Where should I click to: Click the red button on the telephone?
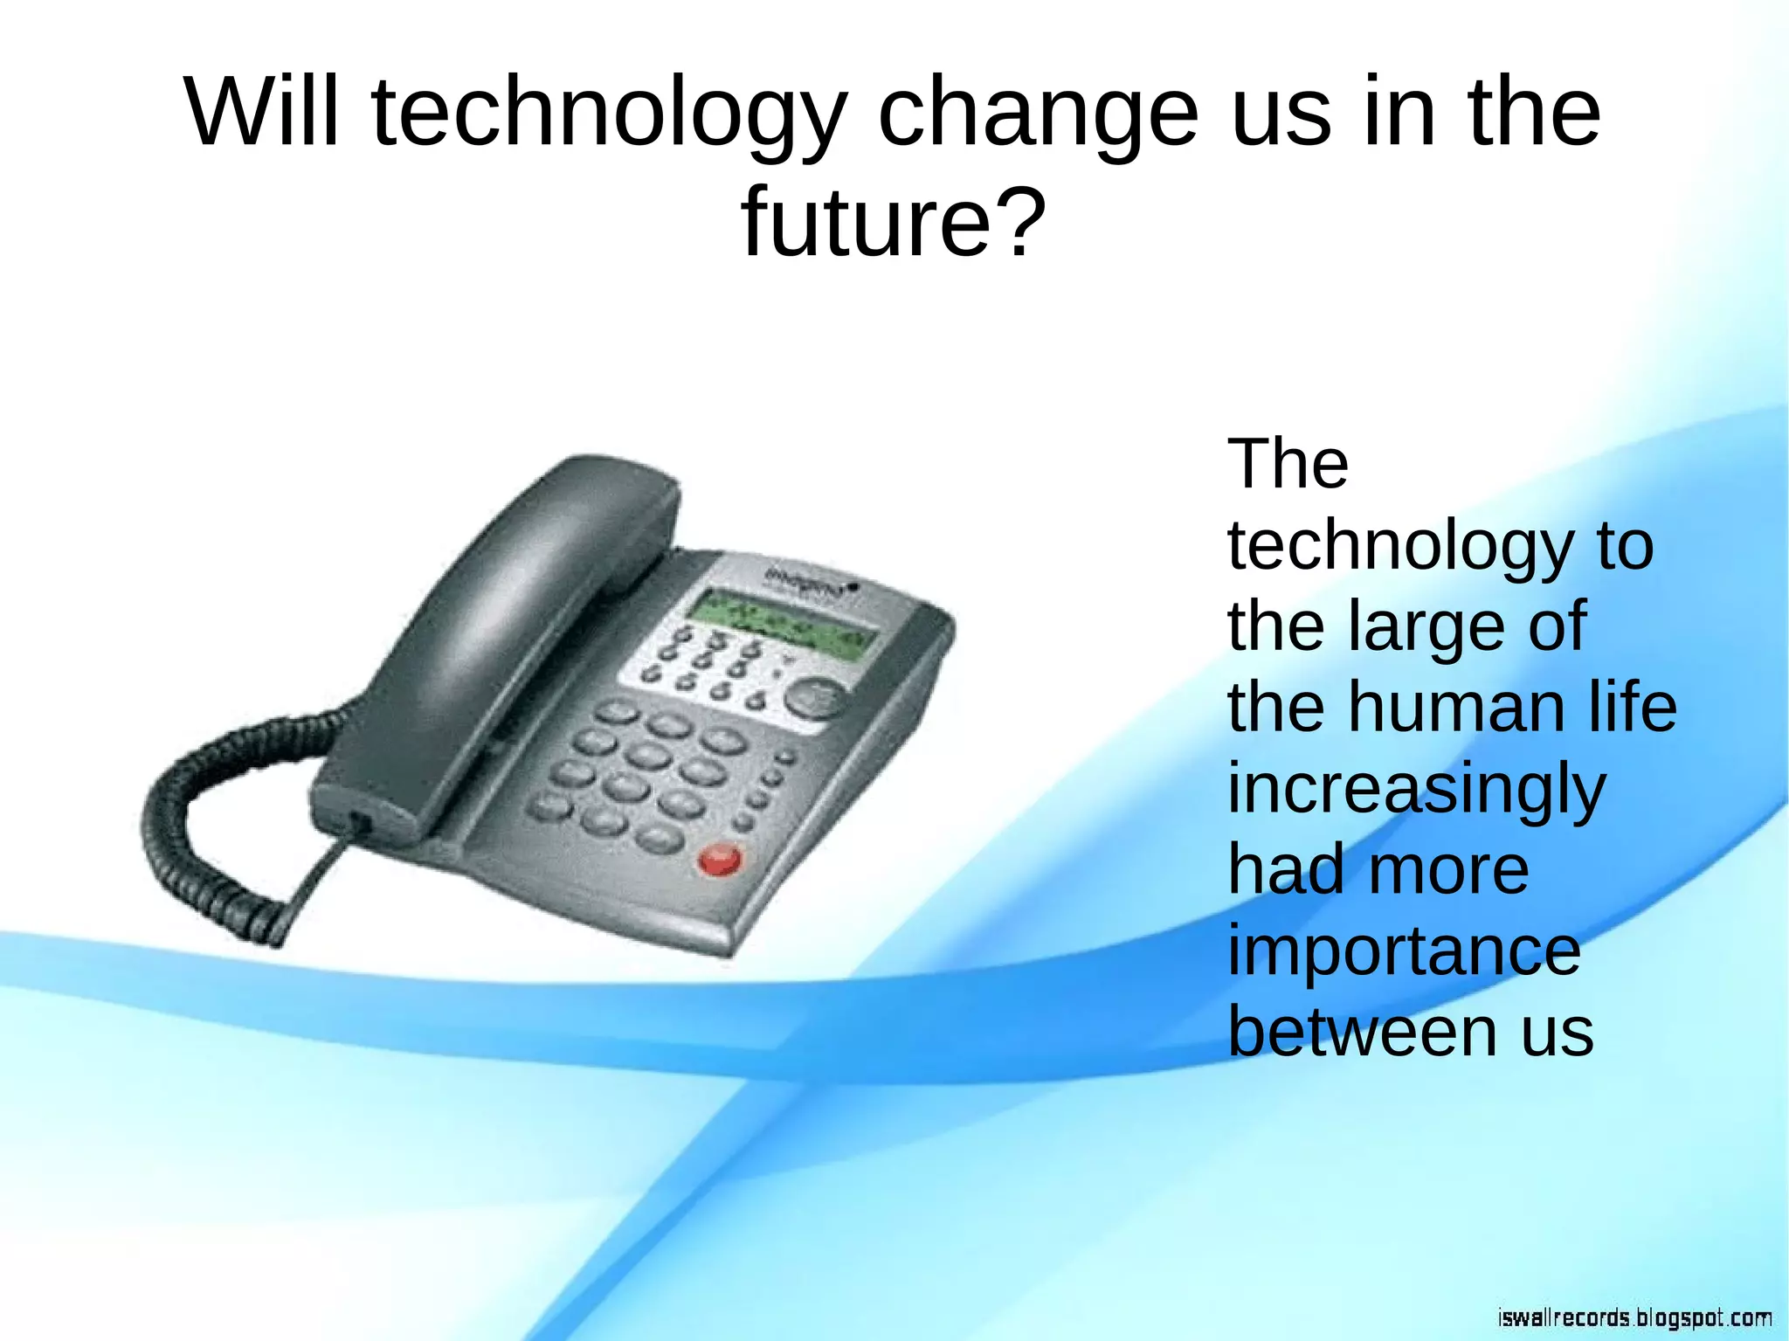[x=720, y=860]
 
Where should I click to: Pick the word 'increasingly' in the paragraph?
[x=1416, y=790]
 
